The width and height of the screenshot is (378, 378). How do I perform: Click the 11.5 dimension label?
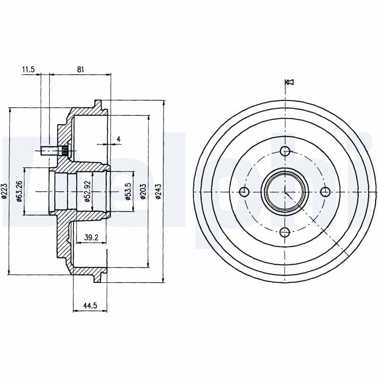pos(28,69)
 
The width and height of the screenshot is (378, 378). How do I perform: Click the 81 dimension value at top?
pos(80,69)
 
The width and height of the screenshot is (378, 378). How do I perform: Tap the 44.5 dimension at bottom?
pos(90,306)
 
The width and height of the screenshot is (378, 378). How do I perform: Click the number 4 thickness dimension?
pos(119,138)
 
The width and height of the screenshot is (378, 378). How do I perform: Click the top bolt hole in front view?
pos(285,151)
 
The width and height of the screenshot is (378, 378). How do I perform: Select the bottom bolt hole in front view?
pos(285,232)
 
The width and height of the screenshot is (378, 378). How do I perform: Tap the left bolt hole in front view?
pos(244,191)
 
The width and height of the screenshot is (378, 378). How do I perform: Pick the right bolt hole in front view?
pos(325,191)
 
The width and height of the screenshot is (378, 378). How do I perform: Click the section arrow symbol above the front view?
pos(290,82)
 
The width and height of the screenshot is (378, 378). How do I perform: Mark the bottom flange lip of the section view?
pos(98,278)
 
